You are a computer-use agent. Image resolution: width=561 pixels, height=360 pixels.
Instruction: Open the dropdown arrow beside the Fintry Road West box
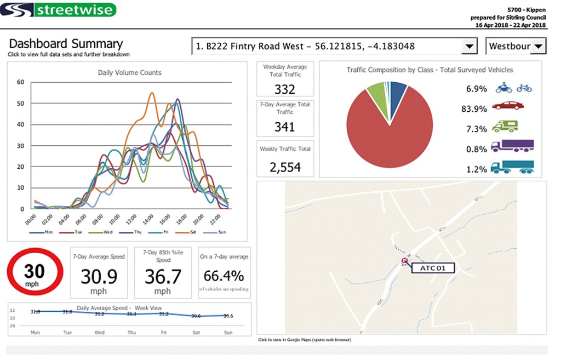pos(469,47)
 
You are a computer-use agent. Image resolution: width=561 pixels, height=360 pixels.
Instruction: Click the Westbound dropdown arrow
pos(539,47)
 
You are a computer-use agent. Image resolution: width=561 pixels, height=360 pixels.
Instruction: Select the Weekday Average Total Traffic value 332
pos(285,89)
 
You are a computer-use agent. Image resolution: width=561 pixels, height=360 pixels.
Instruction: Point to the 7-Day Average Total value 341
pos(285,127)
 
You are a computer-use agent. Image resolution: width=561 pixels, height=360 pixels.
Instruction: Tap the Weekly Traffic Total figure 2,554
pos(285,167)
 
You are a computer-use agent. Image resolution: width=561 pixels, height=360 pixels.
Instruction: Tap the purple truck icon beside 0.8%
pos(512,146)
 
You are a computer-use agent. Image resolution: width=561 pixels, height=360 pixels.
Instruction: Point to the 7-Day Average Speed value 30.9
pos(99,277)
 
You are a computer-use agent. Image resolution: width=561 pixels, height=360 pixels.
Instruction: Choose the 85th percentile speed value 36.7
pos(163,277)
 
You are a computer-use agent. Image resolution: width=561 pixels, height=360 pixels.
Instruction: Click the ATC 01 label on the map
pos(433,268)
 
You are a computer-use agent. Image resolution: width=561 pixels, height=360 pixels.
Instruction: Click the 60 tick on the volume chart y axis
pos(21,82)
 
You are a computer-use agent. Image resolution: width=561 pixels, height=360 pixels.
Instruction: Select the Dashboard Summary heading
pos(66,44)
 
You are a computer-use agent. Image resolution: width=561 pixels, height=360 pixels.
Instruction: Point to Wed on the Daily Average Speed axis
pos(99,333)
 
